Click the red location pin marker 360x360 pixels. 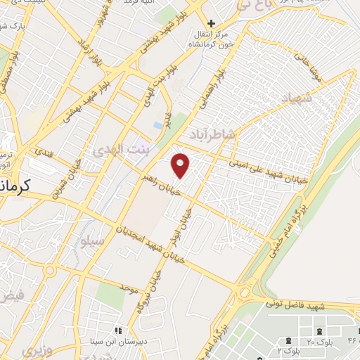181,165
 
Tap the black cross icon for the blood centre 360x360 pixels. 210,23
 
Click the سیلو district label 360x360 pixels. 93,241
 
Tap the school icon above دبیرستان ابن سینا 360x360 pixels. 118,330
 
